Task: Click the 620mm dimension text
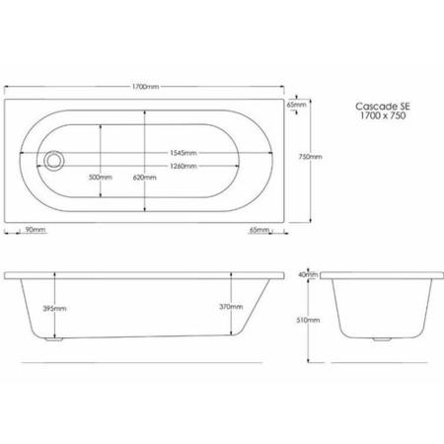click(148, 178)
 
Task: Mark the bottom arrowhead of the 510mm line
click(303, 363)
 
